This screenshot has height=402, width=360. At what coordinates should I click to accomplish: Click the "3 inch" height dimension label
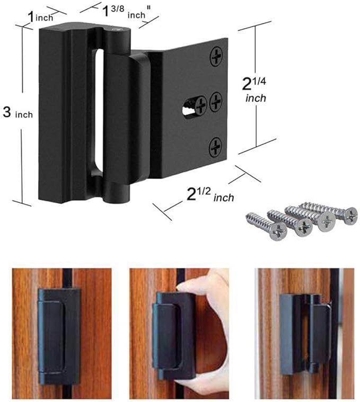(x=18, y=113)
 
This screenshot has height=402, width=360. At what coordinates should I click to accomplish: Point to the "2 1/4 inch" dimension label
(x=254, y=90)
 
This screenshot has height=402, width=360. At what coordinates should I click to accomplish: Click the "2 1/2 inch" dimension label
(x=210, y=195)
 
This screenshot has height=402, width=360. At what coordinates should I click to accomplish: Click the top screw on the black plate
(x=216, y=57)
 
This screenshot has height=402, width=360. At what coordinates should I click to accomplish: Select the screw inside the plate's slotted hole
(x=201, y=105)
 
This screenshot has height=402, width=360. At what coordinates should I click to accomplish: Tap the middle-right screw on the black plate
(x=216, y=101)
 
